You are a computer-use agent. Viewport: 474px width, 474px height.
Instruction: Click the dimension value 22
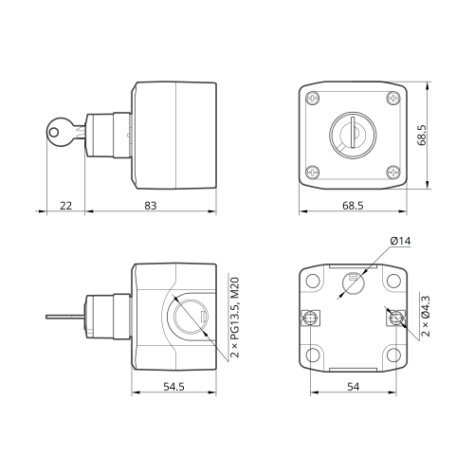tap(66, 206)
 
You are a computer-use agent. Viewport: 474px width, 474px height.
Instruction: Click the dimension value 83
tap(151, 206)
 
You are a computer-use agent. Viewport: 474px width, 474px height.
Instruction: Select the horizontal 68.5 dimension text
tap(353, 206)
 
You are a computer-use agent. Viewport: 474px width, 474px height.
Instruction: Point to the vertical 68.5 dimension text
tap(422, 135)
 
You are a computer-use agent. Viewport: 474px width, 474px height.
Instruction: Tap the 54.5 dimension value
tap(173, 387)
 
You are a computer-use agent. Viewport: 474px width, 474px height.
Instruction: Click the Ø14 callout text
tap(400, 241)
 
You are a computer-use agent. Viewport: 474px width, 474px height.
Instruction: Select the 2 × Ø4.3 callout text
tap(426, 316)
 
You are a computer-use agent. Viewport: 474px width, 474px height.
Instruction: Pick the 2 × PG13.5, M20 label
tap(235, 318)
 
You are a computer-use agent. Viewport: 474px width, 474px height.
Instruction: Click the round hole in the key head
tap(54, 132)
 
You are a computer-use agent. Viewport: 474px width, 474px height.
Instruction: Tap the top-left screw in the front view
tap(313, 98)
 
